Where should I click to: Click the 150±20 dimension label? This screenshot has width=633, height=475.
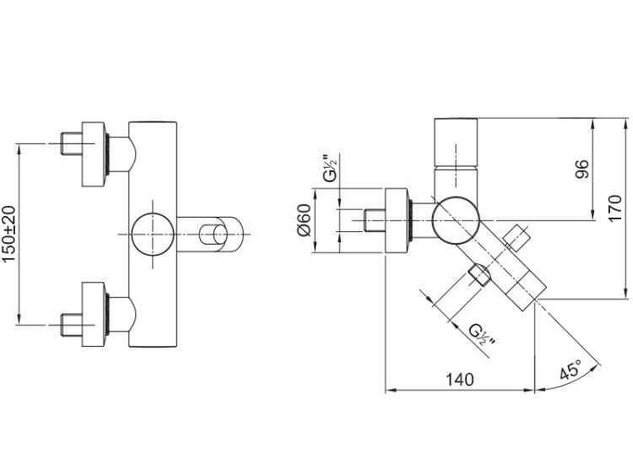(9, 234)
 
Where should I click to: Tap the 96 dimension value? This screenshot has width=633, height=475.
(582, 169)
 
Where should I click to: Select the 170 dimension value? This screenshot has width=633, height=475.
(615, 208)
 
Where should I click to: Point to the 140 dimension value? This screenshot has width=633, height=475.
(459, 380)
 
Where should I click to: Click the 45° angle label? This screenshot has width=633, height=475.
(571, 369)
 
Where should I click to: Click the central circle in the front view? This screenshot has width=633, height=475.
(153, 234)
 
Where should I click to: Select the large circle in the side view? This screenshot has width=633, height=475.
(456, 220)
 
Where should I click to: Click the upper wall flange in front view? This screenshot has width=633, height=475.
(95, 154)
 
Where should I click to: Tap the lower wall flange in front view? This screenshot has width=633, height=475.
(95, 314)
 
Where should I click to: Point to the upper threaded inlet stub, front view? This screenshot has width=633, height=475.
(72, 143)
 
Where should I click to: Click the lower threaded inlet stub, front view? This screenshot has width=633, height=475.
(72, 325)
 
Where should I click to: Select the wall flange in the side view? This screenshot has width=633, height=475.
(398, 220)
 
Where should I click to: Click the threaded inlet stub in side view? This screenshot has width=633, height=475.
(375, 220)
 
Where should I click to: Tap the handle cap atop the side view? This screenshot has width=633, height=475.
(456, 142)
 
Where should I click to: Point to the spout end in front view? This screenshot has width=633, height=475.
(222, 234)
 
